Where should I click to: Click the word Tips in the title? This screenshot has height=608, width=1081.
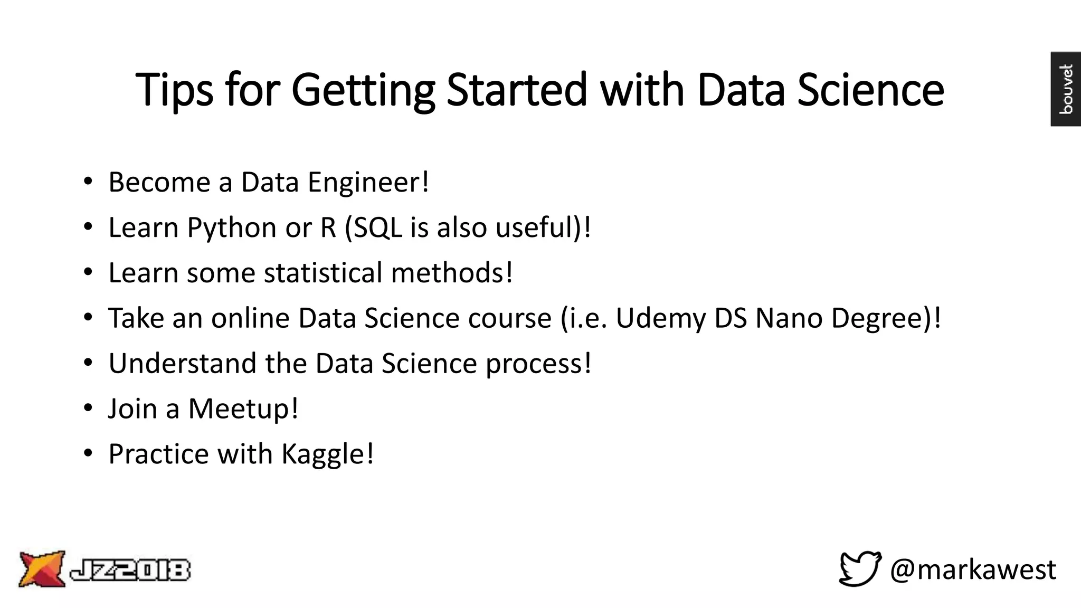point(175,90)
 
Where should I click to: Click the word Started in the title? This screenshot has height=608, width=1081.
point(516,89)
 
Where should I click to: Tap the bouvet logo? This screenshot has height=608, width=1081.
point(1066,89)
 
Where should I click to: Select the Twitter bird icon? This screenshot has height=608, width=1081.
point(860,568)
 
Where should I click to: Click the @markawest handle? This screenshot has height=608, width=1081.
point(973,569)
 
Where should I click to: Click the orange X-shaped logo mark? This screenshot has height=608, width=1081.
point(42,568)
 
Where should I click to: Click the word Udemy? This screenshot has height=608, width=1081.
point(660,319)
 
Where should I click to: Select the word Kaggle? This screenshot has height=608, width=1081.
point(323,454)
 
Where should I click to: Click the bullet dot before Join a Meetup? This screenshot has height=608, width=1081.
point(88,408)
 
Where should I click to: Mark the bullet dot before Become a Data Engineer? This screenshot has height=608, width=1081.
point(88,182)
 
